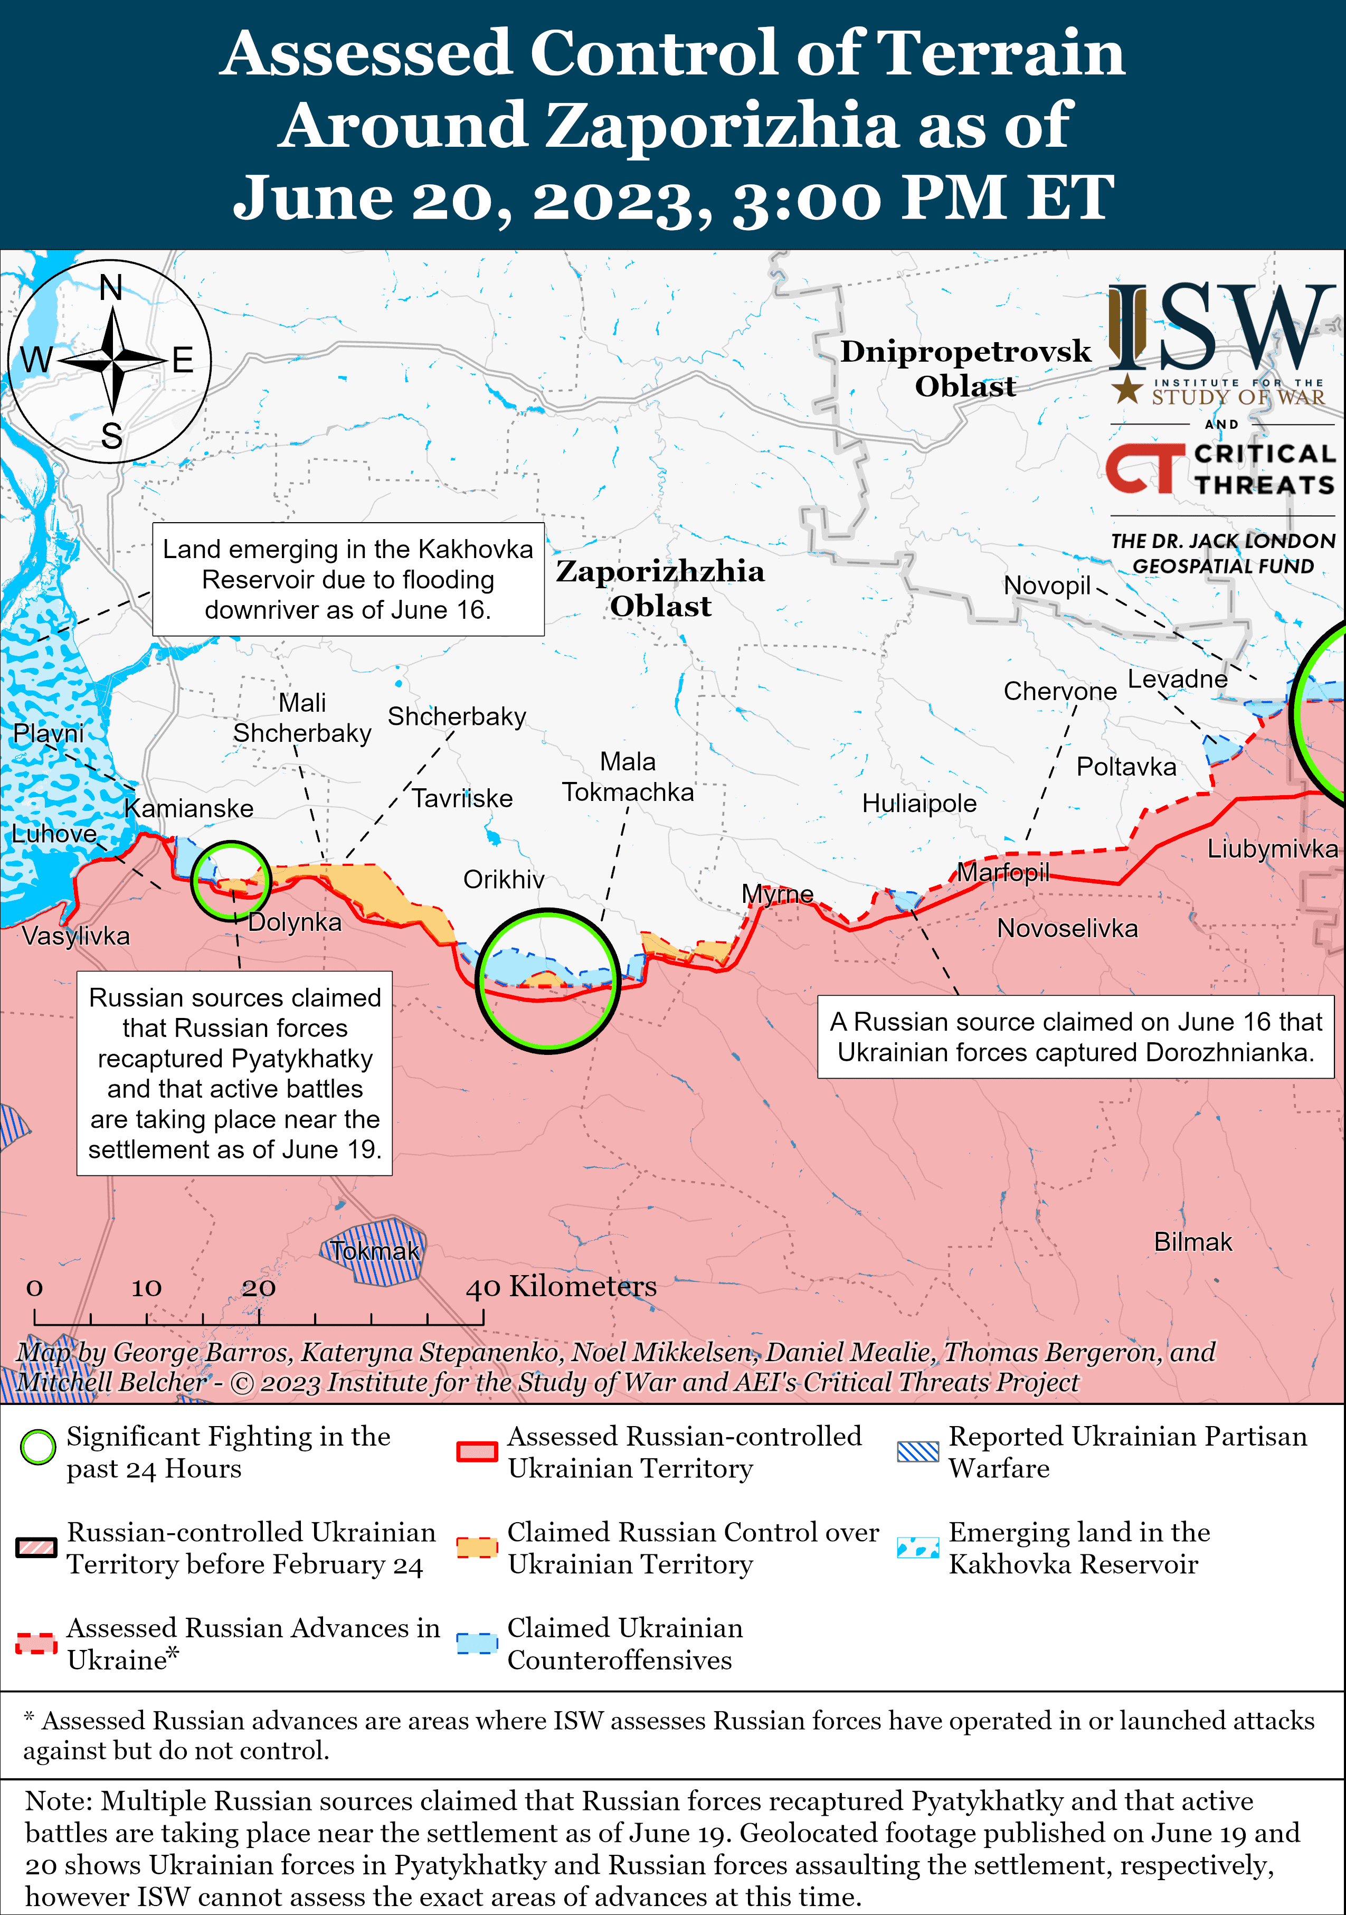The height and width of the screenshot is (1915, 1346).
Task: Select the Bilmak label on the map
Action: (1192, 1242)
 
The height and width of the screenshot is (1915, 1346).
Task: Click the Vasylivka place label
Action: (76, 936)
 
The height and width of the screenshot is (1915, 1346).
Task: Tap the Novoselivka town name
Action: (1067, 928)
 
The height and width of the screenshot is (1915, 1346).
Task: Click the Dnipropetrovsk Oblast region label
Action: (965, 368)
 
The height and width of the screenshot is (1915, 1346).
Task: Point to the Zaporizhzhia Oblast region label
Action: (660, 588)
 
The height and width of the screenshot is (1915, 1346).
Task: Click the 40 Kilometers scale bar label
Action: (561, 1286)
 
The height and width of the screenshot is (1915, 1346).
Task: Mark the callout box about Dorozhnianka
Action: (1076, 1037)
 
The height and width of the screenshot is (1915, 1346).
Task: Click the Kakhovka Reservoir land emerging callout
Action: (348, 580)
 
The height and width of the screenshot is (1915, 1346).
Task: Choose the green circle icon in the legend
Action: (37, 1447)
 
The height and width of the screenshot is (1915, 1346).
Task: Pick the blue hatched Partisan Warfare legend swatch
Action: (917, 1451)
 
